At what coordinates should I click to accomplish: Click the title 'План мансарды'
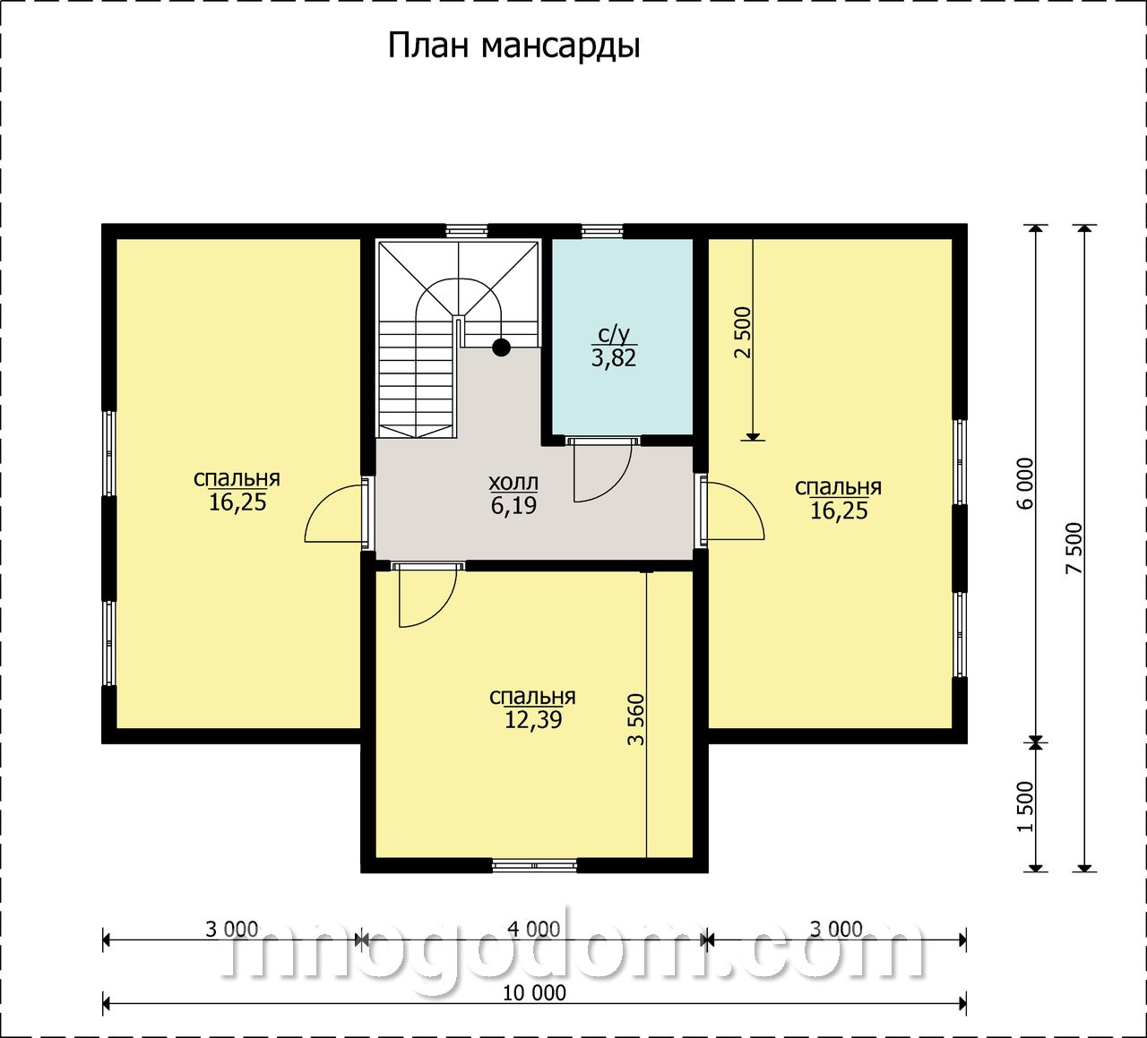pos(513,47)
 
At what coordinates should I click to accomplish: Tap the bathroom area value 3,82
pos(614,358)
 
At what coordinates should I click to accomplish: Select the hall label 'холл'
pos(513,483)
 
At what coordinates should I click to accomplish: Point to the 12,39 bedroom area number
pos(533,720)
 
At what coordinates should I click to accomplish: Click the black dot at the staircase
pos(501,347)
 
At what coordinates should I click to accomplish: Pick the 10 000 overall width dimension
pos(535,993)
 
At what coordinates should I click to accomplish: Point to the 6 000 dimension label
pos(1026,484)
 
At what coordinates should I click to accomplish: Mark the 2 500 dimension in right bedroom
pos(743,332)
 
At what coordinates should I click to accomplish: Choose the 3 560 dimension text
pos(636,720)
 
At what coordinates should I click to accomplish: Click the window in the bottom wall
pos(535,880)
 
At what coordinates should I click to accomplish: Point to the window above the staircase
pos(467,231)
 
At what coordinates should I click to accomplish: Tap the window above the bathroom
pos(602,231)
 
